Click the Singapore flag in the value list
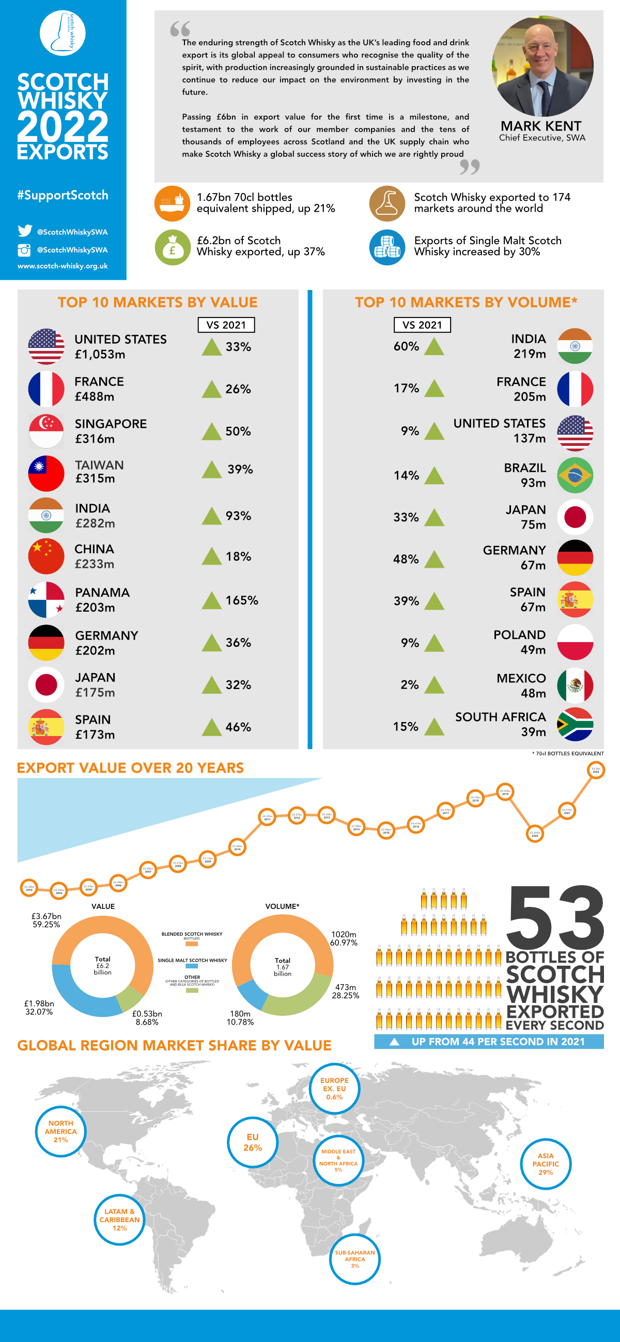46,431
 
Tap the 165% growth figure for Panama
241,600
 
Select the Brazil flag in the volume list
575,475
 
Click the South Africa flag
575,724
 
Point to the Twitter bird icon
24,231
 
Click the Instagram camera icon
24,250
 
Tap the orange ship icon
172,203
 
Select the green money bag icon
172,247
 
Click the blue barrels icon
387,247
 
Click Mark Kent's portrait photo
542,66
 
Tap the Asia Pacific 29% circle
546,1164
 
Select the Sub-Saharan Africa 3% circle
354,1259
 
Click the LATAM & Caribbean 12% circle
119,1220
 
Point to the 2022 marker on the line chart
596,770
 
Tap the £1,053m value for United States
100,354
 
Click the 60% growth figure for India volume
406,346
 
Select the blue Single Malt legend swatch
191,965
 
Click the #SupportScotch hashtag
63,195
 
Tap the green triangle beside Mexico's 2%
434,684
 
